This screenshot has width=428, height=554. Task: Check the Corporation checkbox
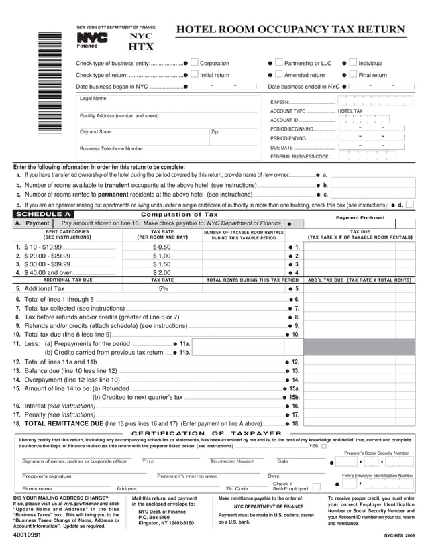click(195, 63)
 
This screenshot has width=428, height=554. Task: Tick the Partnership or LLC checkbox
click(279, 63)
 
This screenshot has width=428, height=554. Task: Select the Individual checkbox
click(353, 63)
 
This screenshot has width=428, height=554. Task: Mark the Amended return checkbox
click(279, 75)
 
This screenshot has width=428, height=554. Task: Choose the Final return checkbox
click(353, 75)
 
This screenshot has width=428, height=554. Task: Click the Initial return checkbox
click(195, 75)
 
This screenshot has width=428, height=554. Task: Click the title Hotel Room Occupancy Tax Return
click(290, 30)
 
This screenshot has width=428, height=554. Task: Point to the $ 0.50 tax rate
click(162, 247)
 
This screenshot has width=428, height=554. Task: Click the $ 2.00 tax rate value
click(162, 273)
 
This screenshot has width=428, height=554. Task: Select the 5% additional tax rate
click(163, 288)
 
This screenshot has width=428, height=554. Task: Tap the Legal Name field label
click(94, 99)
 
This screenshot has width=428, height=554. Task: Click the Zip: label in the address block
click(215, 132)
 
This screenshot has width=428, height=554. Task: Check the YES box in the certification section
click(324, 445)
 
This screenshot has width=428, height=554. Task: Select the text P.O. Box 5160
click(154, 517)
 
